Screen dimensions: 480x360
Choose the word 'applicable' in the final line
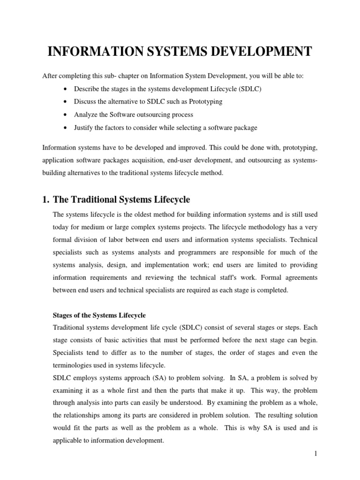69,441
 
